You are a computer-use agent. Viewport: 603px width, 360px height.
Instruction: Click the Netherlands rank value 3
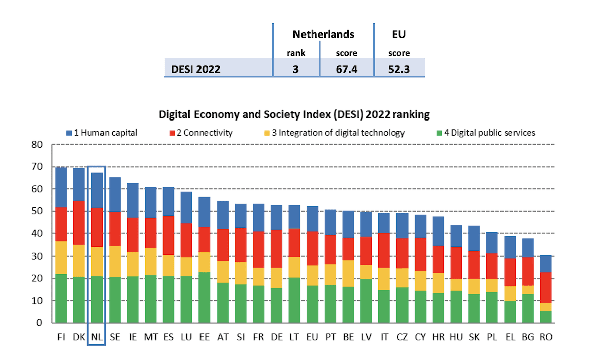pos(296,69)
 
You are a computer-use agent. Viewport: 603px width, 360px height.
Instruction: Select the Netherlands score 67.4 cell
pos(346,69)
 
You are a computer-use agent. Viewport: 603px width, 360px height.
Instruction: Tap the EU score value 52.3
pos(399,69)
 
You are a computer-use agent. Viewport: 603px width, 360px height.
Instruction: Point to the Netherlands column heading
pos(323,34)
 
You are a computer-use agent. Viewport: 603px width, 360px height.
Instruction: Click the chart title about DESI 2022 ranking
pos(294,114)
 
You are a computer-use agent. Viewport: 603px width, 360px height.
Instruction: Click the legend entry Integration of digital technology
pos(336,133)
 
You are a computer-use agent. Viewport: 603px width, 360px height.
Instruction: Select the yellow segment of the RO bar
pos(546,307)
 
